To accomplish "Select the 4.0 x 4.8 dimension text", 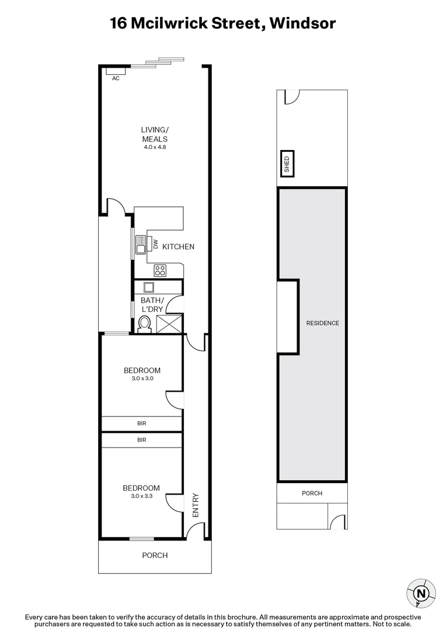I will tap(155, 148).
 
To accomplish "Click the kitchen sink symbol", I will tap(141, 245).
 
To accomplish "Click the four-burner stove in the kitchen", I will tap(160, 271).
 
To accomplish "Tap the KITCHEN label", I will tap(178, 247).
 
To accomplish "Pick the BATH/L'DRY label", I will tap(152, 304).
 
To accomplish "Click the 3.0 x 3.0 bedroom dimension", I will tap(142, 379).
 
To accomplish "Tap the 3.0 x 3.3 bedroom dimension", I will tap(141, 496).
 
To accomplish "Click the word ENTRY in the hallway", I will tap(196, 506).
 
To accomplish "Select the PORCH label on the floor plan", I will tap(155, 555).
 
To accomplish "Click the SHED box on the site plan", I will tap(287, 164).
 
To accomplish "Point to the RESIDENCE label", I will tap(323, 323).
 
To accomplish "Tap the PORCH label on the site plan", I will tap(312, 493).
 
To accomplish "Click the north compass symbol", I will tap(420, 594).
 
